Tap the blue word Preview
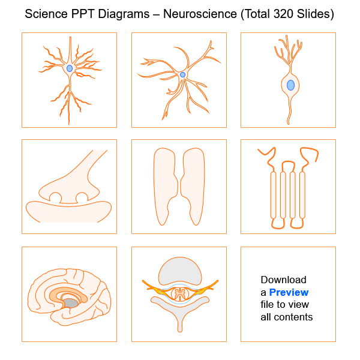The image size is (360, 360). tap(289, 292)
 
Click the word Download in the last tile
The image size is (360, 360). tap(283, 280)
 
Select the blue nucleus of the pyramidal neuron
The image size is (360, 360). tap(70, 68)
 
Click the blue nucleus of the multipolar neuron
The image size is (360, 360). tap(182, 75)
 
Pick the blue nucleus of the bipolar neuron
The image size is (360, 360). tap(290, 85)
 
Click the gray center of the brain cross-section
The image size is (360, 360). tap(71, 304)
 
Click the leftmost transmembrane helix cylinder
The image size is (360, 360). tap(274, 195)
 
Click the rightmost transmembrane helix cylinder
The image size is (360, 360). tap(302, 195)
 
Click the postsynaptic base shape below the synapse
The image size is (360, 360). tap(68, 212)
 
